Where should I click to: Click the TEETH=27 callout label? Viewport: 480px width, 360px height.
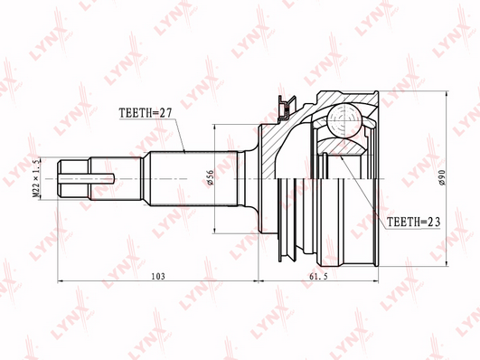(146, 113)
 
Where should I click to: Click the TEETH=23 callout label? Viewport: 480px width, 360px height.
(414, 222)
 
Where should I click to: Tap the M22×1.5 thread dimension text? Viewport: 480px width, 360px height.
(36, 178)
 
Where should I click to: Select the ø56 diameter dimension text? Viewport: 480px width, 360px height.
(210, 178)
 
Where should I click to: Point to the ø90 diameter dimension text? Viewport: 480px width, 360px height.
(442, 177)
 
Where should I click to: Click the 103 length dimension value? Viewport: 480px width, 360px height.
(158, 276)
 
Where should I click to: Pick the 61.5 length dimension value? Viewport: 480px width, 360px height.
(318, 277)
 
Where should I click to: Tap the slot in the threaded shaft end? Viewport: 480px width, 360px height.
(87, 178)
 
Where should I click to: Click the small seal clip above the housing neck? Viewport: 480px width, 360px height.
(286, 108)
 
